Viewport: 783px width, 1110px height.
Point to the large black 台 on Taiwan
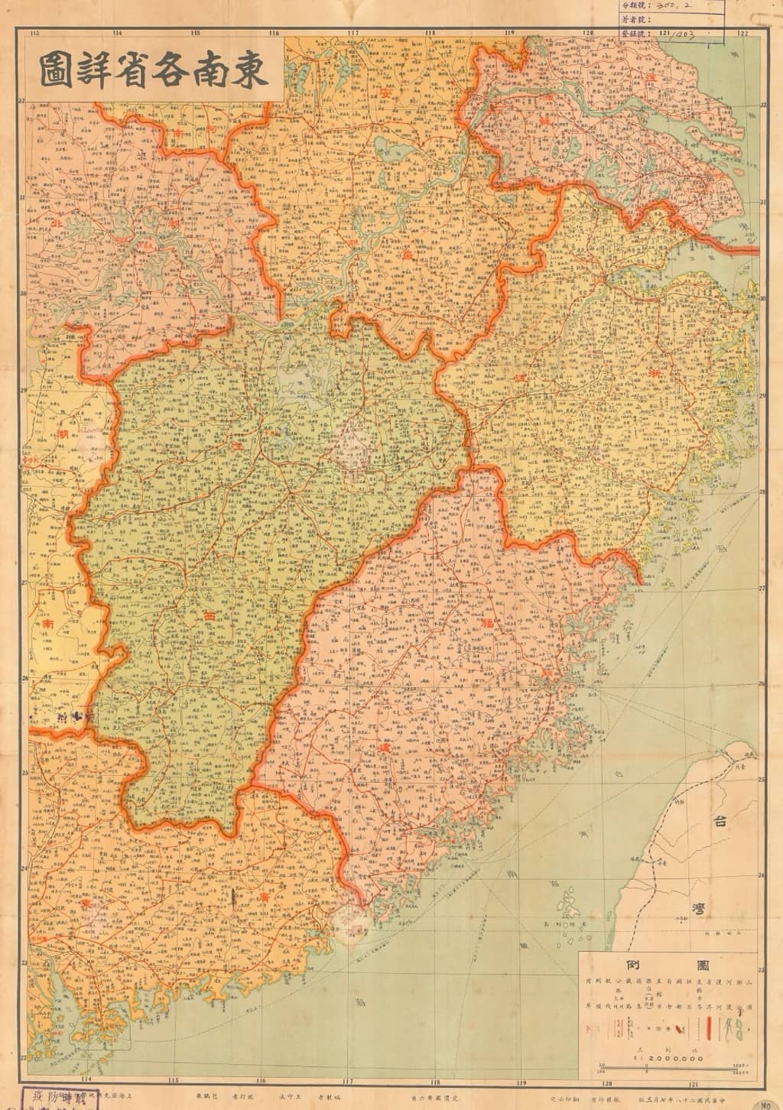[x=720, y=823]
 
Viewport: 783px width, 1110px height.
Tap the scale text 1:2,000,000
[x=668, y=1058]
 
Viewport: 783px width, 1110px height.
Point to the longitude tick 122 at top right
[x=742, y=33]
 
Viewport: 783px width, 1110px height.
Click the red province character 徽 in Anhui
[x=405, y=257]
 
